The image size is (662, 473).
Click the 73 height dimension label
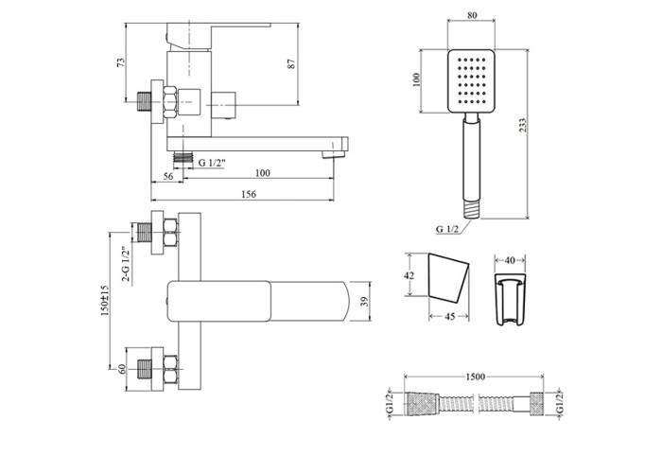[122, 62]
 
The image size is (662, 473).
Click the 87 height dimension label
[291, 63]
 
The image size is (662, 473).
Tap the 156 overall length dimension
[248, 194]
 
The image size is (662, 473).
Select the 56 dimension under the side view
[168, 176]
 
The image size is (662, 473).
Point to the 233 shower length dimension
[523, 126]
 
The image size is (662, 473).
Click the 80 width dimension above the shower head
[472, 15]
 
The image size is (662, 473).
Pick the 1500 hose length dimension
[475, 377]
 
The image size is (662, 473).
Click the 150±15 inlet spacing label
[105, 300]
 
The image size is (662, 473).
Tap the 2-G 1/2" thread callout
[126, 264]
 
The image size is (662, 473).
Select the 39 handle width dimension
[365, 302]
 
